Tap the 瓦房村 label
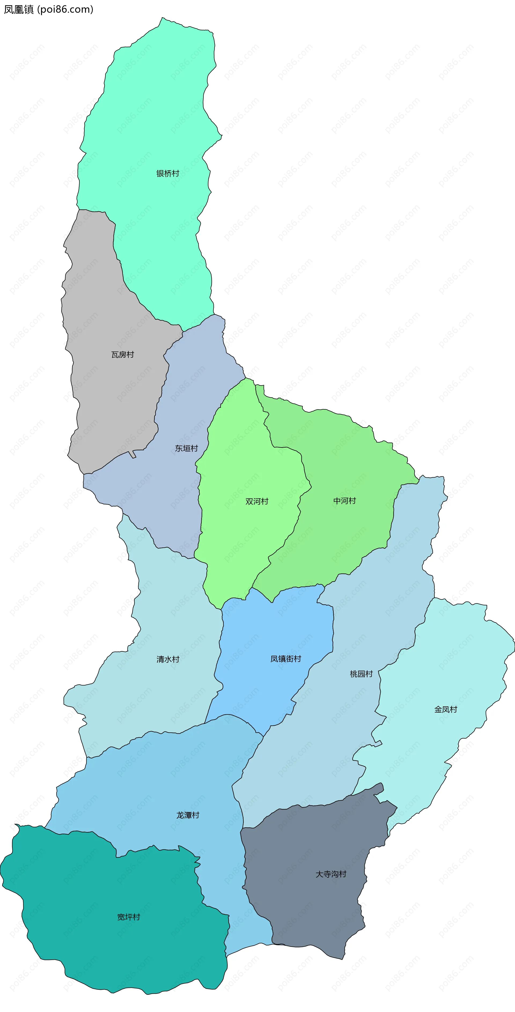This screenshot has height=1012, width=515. click(x=123, y=355)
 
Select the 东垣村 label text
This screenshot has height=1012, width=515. click(x=186, y=448)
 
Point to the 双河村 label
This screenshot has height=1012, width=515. click(x=257, y=501)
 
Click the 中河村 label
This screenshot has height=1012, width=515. click(x=344, y=501)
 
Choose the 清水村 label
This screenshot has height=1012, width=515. click(x=168, y=659)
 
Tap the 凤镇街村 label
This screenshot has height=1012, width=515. click(x=286, y=659)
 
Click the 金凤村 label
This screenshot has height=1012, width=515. click(x=446, y=710)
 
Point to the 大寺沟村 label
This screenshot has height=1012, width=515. click(x=331, y=874)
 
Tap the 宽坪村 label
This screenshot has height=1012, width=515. click(x=128, y=917)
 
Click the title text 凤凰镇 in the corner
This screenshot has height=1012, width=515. click(x=19, y=9)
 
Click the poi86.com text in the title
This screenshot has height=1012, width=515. click(x=65, y=9)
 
